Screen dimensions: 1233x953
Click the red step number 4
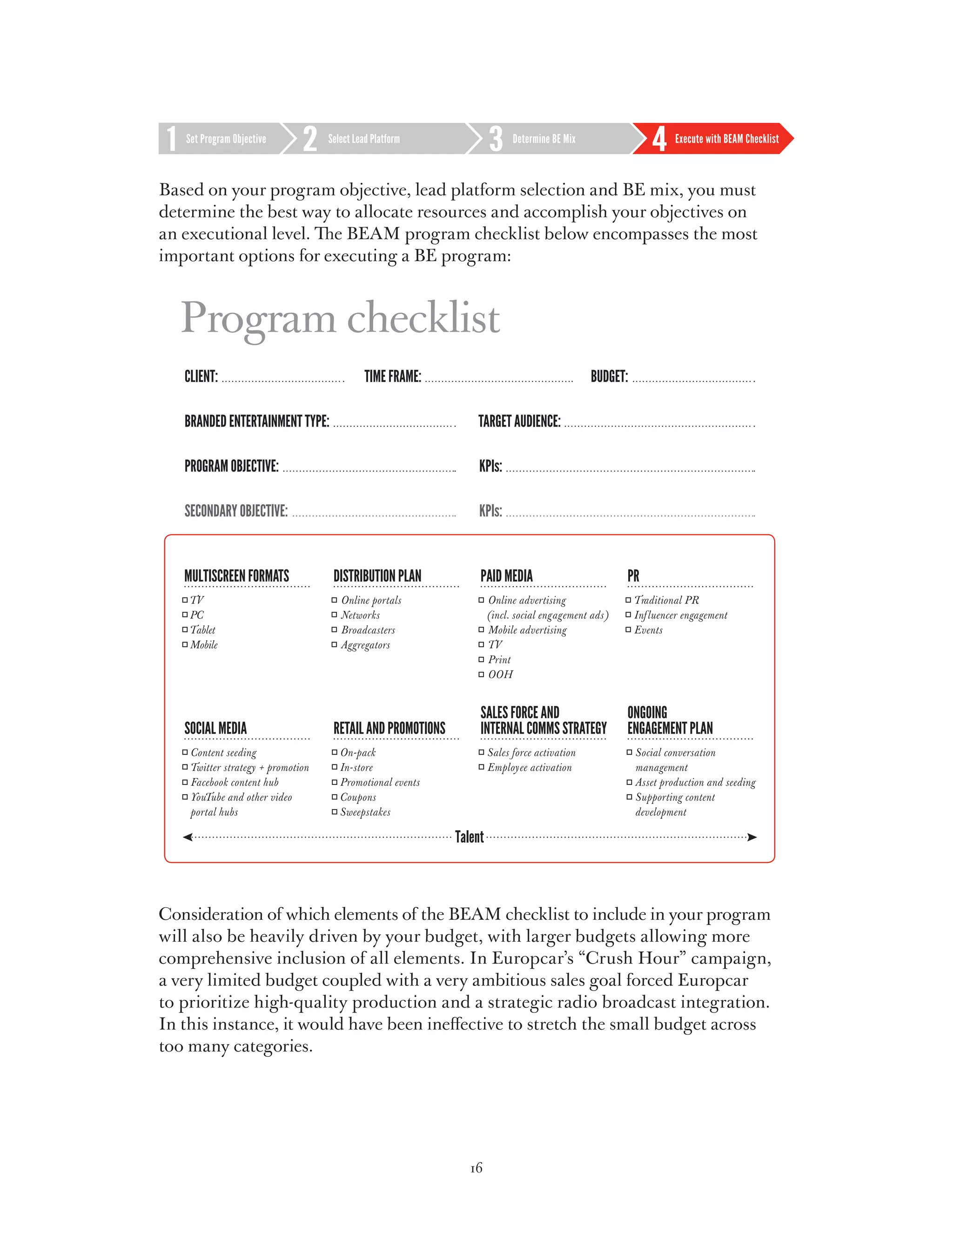click(659, 139)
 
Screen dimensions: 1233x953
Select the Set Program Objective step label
click(226, 139)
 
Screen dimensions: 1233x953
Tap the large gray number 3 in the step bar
click(495, 139)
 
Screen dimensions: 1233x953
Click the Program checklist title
click(340, 318)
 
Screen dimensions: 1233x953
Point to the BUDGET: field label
click(609, 376)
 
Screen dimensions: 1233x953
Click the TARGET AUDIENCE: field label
click(519, 421)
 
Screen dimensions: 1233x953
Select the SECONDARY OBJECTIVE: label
click(236, 511)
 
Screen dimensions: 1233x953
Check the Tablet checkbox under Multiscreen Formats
click(185, 630)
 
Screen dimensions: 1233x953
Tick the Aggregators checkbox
click(334, 645)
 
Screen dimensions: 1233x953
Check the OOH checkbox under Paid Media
click(482, 674)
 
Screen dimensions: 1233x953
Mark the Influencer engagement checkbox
click(628, 615)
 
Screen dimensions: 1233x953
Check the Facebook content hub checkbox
click(185, 783)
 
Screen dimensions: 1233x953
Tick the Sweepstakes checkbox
click(334, 812)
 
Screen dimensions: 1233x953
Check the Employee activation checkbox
click(482, 767)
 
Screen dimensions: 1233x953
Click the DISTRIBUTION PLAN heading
click(377, 576)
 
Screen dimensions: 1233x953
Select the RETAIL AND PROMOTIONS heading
click(389, 728)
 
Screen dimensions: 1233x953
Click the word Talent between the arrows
click(469, 837)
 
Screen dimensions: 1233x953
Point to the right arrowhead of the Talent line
click(752, 837)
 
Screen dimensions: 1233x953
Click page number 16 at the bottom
click(476, 1167)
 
